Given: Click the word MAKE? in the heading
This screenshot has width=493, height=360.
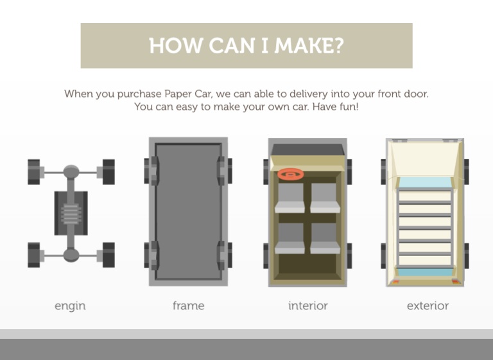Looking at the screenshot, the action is coord(309,46).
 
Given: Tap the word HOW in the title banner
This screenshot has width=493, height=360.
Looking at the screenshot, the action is coord(175,46).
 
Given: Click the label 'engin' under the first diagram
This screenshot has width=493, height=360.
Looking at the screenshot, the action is coord(70,306).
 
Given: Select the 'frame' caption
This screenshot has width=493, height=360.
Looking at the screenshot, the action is coord(188,305).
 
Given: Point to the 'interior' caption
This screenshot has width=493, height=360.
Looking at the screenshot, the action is coord(308,305).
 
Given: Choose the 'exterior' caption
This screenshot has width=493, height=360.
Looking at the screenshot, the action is coord(428,305).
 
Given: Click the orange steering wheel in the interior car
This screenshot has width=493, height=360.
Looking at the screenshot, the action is coord(291,174).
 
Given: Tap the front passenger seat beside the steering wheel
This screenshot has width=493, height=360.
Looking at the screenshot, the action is coord(325,198).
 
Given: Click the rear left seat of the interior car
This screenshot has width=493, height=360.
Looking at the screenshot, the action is coord(290,238).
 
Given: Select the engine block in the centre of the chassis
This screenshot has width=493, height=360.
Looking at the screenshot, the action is coord(71,213).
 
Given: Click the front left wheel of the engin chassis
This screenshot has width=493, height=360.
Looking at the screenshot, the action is coord(34,172).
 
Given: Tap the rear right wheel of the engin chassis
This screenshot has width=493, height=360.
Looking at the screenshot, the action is coord(108,255).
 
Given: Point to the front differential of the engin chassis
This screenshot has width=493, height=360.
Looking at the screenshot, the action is coord(71,172).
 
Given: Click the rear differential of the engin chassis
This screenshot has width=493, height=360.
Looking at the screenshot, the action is coord(71,255).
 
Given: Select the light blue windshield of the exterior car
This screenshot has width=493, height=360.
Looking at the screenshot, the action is coord(425,182).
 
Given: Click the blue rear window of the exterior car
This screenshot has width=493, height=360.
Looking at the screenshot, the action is coord(425,272).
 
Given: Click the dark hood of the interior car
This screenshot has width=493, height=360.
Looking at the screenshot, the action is coord(307,150).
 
